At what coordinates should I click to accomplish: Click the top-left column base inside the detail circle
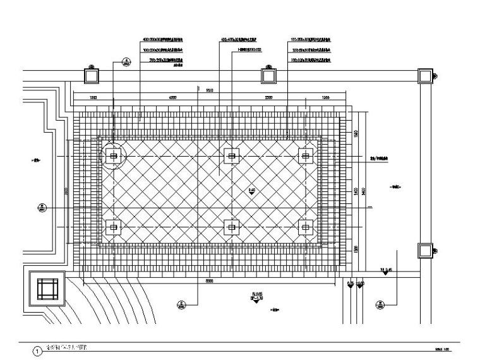click(114, 155)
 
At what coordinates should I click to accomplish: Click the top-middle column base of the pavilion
click(232, 155)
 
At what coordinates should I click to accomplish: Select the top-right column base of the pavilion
click(307, 155)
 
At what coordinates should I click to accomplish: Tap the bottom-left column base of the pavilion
click(114, 227)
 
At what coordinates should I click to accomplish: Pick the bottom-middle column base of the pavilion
click(232, 227)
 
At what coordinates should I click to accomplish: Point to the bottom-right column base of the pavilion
click(307, 227)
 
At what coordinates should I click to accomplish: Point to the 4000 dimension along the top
click(169, 97)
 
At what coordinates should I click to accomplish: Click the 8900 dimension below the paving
click(209, 280)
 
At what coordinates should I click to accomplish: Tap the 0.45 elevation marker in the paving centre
click(251, 190)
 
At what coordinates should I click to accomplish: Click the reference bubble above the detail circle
click(126, 62)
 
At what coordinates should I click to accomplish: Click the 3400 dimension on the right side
click(356, 190)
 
